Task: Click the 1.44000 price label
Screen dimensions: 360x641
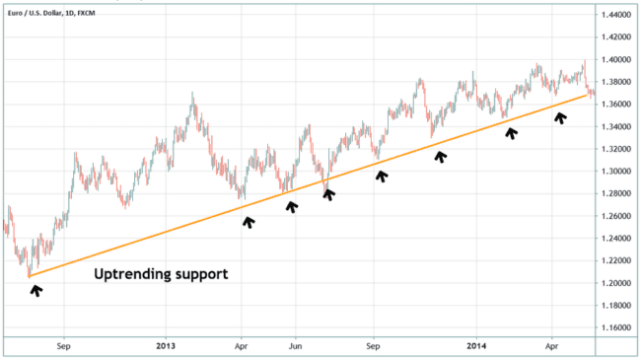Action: [x=616, y=15]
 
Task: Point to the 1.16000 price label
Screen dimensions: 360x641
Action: [x=616, y=327]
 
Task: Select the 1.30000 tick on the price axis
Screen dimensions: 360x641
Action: [x=616, y=172]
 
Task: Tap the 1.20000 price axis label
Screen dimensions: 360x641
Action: [x=616, y=283]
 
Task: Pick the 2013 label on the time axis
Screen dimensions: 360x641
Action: [x=166, y=346]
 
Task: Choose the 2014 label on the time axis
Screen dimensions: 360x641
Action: [x=476, y=346]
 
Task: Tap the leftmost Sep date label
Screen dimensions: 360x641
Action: [x=65, y=346]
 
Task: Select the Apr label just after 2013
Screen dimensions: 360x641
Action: [x=242, y=346]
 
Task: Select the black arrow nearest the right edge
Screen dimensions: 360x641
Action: [x=560, y=117]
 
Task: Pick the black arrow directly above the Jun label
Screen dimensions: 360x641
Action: [x=292, y=205]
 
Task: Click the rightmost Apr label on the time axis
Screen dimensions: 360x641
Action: [x=552, y=346]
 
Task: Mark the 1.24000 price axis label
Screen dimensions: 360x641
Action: [x=616, y=239]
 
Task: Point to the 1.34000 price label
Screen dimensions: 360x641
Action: [x=616, y=127]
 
